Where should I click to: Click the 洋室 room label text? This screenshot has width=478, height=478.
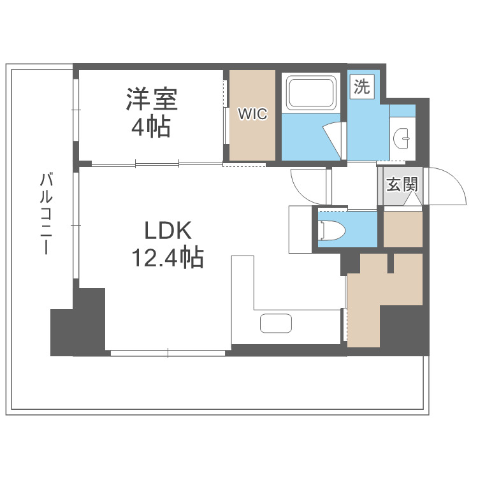pyautogui.click(x=151, y=99)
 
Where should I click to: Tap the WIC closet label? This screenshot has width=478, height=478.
pyautogui.click(x=253, y=115)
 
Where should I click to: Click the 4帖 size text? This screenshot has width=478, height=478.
pyautogui.click(x=151, y=127)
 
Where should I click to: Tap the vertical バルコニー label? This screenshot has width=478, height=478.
pyautogui.click(x=44, y=214)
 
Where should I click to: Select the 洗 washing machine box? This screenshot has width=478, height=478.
pyautogui.click(x=361, y=87)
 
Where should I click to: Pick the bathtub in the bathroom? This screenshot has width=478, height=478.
pyautogui.click(x=312, y=93)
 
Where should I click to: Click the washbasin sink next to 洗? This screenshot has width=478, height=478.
pyautogui.click(x=403, y=135)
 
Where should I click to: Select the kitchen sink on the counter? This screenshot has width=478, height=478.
pyautogui.click(x=277, y=324)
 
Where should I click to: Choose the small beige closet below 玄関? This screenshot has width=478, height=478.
pyautogui.click(x=402, y=228)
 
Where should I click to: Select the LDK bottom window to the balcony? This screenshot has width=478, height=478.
pyautogui.click(x=168, y=352)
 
